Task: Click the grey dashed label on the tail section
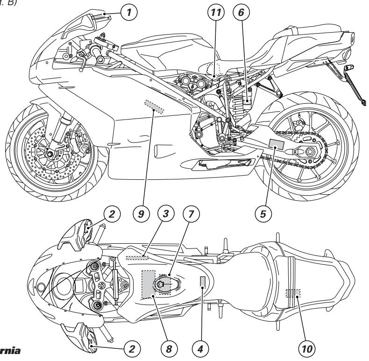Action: click(x=293, y=293)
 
